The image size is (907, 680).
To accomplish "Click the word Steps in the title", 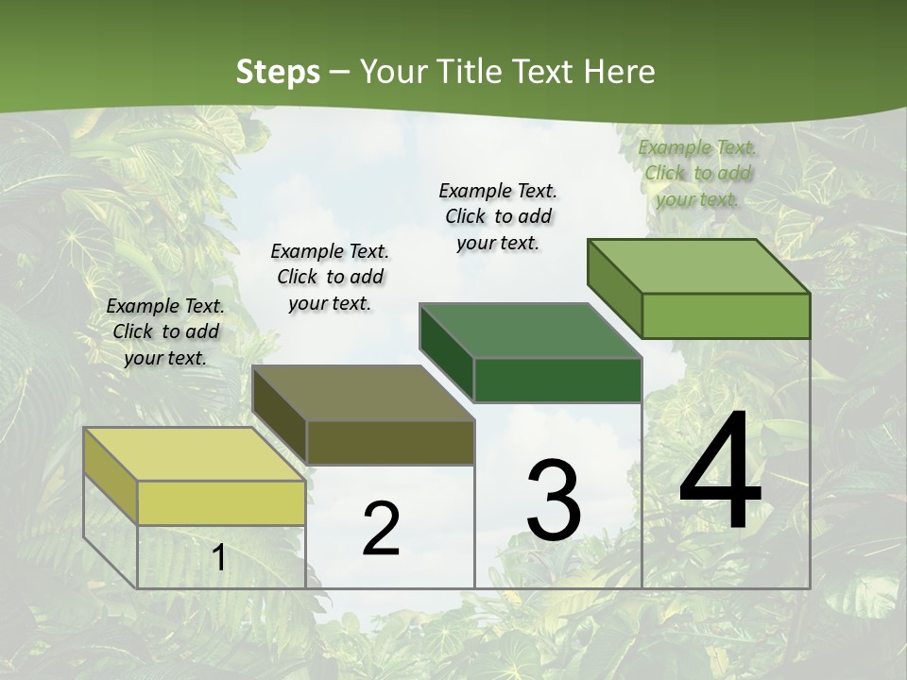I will (277, 72).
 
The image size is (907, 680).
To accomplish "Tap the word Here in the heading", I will (619, 72).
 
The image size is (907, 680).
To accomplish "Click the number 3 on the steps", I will (554, 501).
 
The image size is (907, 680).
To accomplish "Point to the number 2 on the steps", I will (381, 529).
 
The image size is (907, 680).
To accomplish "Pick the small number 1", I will (219, 557).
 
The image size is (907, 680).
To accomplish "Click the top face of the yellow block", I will (194, 453).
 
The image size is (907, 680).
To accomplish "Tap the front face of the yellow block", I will (221, 502).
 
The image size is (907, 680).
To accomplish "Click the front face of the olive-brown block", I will (389, 442).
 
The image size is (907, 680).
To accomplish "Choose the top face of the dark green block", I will (529, 330).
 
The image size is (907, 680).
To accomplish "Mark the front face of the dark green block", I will (557, 380).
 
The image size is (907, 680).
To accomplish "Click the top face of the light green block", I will (697, 265).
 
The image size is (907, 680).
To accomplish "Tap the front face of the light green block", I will (725, 315).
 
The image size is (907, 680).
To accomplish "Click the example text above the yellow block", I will (165, 331).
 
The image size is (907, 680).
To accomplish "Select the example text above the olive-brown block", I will (330, 277).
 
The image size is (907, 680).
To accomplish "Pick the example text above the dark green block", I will (498, 216).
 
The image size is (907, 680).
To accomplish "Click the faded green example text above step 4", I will (697, 173).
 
